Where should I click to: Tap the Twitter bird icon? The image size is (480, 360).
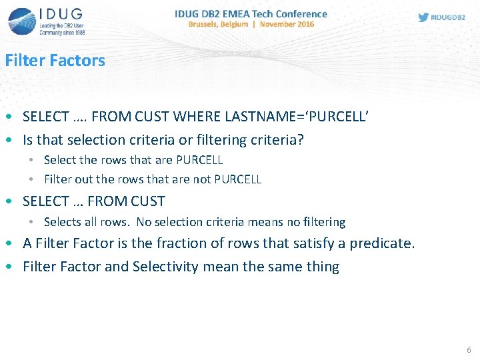tap(423, 18)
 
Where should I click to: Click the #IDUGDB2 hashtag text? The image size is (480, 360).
tap(448, 18)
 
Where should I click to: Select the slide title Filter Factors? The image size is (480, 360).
tap(55, 61)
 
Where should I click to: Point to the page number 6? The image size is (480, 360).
tap(469, 350)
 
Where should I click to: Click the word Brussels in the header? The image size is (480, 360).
tap(209, 25)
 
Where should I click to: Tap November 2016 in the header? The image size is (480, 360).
tap(287, 25)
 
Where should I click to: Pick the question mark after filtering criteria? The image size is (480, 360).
tap(301, 140)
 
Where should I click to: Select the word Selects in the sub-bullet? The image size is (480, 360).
tap(60, 222)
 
